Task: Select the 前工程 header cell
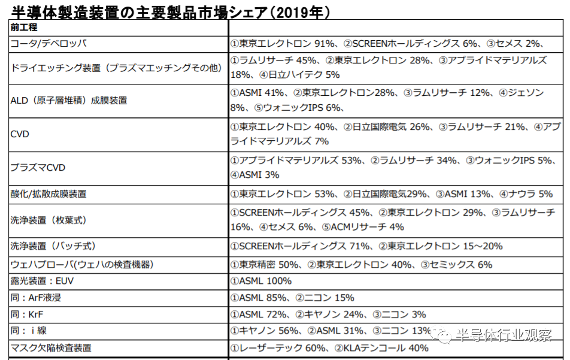pyautogui.click(x=23, y=28)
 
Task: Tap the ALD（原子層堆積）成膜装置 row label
pyautogui.click(x=69, y=101)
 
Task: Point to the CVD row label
pyautogui.click(x=20, y=134)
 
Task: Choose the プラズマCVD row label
pyautogui.click(x=37, y=168)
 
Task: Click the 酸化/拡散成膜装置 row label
pyautogui.click(x=48, y=193)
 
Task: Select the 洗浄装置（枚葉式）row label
pyautogui.click(x=49, y=220)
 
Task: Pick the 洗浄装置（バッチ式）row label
pyautogui.click(x=53, y=246)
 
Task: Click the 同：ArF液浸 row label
pyautogui.click(x=40, y=298)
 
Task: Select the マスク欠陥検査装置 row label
pyautogui.click(x=51, y=347)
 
